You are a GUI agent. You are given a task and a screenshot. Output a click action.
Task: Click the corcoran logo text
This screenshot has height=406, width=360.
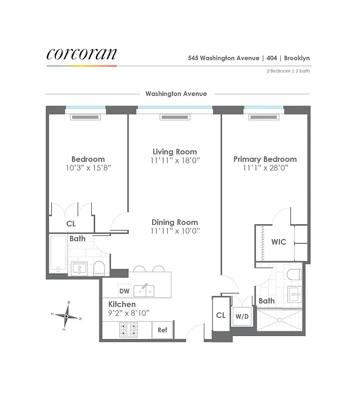click(82, 54)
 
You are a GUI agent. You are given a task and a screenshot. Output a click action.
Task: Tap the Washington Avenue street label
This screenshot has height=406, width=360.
click(176, 94)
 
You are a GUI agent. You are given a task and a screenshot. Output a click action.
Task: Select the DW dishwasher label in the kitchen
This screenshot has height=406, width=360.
click(124, 291)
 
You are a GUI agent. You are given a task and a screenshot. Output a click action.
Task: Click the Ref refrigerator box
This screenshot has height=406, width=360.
click(162, 330)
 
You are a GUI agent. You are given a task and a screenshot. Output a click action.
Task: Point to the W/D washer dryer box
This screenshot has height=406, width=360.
click(241, 316)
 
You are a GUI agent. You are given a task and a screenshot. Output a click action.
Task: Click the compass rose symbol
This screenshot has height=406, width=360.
click(66, 316)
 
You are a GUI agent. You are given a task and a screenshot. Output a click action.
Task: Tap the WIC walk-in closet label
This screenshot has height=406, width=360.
click(279, 242)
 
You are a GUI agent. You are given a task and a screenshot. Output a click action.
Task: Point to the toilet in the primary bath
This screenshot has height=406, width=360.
click(294, 275)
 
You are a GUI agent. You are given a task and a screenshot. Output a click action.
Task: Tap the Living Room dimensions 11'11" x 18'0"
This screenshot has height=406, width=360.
click(174, 160)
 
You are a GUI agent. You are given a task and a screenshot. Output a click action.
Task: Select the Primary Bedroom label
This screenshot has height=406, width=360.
click(265, 159)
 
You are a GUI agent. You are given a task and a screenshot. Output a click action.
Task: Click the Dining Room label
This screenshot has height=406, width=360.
click(174, 222)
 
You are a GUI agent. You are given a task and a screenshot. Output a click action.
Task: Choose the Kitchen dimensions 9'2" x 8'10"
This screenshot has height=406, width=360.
click(129, 313)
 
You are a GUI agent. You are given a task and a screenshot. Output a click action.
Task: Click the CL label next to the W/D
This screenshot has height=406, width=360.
click(221, 315)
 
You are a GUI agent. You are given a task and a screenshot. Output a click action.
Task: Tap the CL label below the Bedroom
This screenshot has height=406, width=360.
click(71, 223)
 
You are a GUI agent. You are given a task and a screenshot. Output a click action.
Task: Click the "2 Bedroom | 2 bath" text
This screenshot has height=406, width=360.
click(288, 71)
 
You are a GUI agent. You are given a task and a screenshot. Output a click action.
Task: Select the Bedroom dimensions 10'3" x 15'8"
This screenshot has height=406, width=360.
click(88, 167)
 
